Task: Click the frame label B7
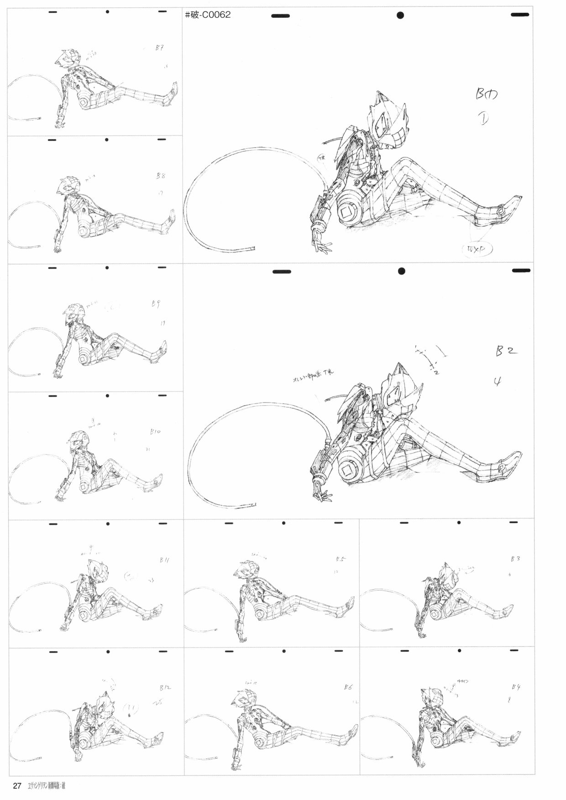[x=159, y=48]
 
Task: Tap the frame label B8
[x=160, y=176]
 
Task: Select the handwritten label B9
[x=156, y=304]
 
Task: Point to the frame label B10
[x=155, y=431]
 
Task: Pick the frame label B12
[x=165, y=687]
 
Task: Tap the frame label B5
[x=340, y=559]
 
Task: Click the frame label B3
[x=516, y=559]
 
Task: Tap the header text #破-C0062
[x=208, y=15]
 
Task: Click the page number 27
[x=17, y=786]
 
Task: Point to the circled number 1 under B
[x=483, y=119]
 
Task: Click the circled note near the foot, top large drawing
[x=477, y=249]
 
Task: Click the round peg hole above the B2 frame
[x=401, y=271]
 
